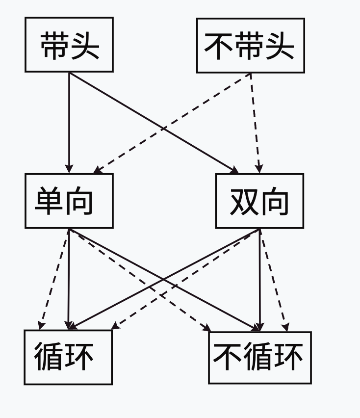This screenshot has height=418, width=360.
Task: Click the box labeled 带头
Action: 69,45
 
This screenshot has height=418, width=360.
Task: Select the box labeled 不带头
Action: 250,45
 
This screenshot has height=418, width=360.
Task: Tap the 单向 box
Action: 69,201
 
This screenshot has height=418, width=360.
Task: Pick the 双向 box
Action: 259,201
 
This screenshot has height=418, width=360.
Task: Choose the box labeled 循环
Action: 68,357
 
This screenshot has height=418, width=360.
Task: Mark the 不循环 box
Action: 259,357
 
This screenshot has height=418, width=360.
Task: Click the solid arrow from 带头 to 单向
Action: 69,123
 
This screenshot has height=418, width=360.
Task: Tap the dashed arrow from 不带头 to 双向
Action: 255,123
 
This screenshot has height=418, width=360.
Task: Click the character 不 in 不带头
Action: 219,46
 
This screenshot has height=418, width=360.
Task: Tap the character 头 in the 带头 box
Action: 85,46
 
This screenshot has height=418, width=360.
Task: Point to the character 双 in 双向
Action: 244,201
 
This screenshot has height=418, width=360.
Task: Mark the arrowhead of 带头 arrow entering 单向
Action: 69,169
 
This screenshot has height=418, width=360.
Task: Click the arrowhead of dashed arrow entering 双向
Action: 259,168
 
